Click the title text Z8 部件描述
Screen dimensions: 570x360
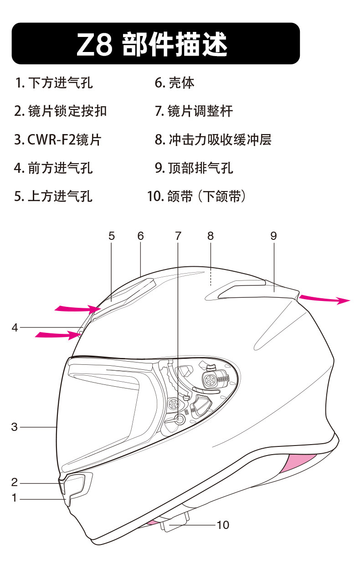click(152, 44)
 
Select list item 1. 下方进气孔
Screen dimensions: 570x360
click(54, 83)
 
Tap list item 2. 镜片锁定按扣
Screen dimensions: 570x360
click(61, 111)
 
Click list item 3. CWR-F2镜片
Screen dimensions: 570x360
click(57, 140)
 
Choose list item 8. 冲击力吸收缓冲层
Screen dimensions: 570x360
click(213, 140)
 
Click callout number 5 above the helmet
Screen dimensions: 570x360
click(112, 236)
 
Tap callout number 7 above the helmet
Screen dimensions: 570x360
click(178, 236)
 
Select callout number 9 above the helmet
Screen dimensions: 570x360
click(273, 236)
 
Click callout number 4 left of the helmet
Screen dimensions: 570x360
click(15, 327)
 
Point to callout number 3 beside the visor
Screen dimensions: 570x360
click(15, 427)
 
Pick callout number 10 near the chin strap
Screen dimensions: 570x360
click(223, 525)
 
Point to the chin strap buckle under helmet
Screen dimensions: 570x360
click(175, 521)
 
